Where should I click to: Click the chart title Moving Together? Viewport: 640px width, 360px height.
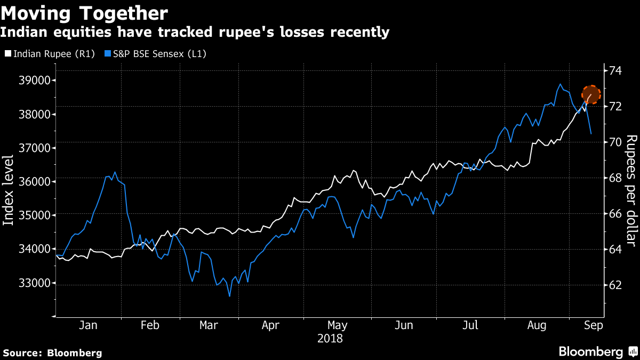pyautogui.click(x=84, y=13)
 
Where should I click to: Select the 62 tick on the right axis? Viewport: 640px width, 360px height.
pyautogui.click(x=616, y=284)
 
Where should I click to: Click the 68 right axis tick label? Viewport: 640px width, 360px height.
pyautogui.click(x=616, y=178)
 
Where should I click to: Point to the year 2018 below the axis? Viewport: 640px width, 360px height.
pyautogui.click(x=330, y=338)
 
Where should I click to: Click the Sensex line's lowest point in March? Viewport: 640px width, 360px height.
pyautogui.click(x=229, y=296)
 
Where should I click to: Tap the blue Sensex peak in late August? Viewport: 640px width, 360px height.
pyautogui.click(x=560, y=84)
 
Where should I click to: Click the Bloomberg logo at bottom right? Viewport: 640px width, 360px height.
pyautogui.click(x=597, y=352)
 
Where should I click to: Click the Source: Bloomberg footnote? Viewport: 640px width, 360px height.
pyautogui.click(x=52, y=353)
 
